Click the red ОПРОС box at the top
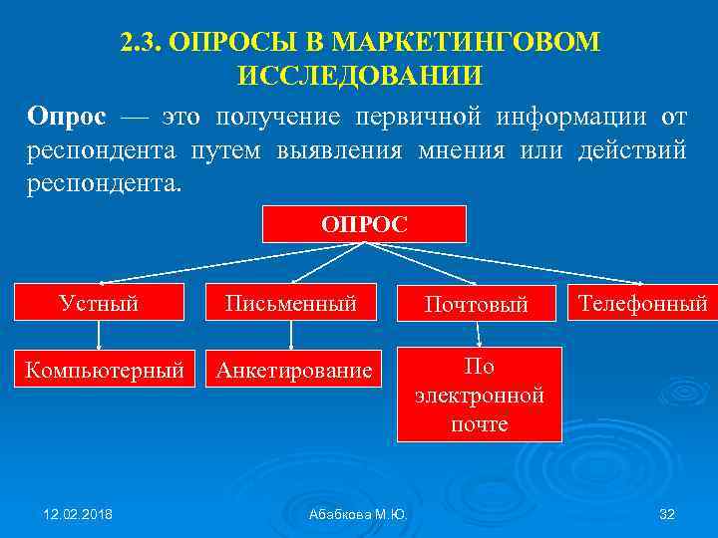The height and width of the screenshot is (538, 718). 364,224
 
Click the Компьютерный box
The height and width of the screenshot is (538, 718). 105,372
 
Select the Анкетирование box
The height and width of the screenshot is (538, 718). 290,372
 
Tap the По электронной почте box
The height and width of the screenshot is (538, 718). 479,395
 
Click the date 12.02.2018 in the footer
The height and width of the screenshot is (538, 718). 78,513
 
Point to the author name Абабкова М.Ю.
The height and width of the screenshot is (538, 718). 358,514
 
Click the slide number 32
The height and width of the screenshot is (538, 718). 668,513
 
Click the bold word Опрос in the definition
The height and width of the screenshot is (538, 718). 66,117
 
